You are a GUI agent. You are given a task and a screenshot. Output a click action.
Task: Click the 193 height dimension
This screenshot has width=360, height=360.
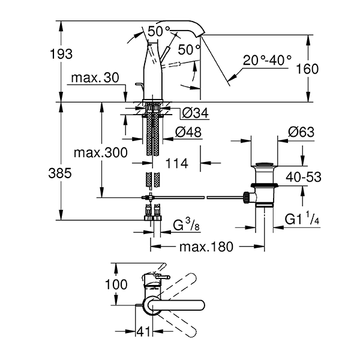click(61, 54)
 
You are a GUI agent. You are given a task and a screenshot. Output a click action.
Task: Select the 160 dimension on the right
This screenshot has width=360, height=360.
click(307, 68)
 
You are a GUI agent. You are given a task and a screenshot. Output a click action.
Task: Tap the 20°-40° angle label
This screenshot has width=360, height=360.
click(267, 60)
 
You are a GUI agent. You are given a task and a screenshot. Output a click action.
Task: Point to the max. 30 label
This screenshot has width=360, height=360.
click(95, 77)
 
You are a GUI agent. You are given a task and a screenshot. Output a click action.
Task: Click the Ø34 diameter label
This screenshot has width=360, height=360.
click(195, 113)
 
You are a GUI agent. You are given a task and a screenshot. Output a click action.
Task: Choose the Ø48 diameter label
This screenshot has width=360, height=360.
click(188, 132)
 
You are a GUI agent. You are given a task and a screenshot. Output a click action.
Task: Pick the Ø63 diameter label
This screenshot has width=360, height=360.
click(301, 132)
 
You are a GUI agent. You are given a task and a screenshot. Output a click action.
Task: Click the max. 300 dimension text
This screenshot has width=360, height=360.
click(101, 152)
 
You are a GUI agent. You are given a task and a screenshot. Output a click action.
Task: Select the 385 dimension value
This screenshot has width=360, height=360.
click(60, 173)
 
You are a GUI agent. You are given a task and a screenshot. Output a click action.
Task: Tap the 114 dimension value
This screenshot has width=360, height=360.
click(176, 163)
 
